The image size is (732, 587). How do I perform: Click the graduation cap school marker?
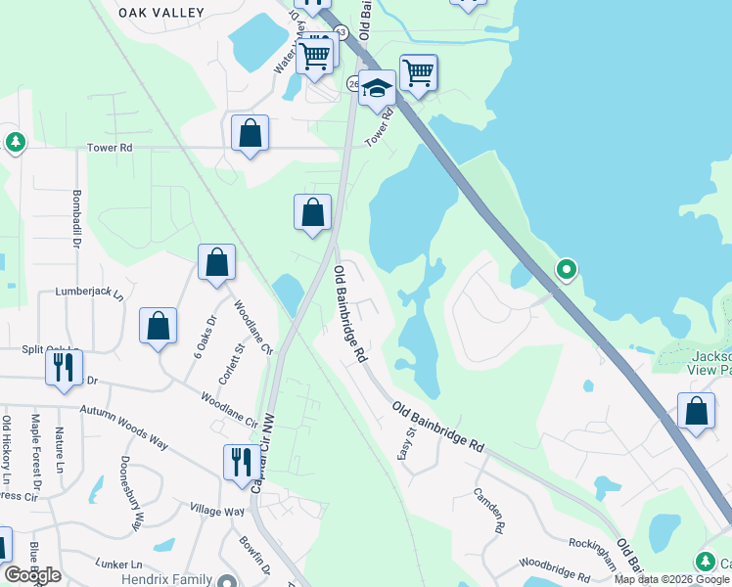(x=376, y=88)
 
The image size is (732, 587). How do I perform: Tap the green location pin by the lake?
(x=566, y=269)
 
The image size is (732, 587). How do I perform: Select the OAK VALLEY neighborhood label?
(x=161, y=13)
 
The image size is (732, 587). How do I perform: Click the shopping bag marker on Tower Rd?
(x=251, y=135)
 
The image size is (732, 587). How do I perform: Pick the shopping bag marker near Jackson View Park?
(x=696, y=413)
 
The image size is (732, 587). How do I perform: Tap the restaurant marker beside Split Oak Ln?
(x=64, y=369)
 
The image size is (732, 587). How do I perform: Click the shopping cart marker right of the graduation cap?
(x=418, y=72)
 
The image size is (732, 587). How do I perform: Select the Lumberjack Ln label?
(x=90, y=293)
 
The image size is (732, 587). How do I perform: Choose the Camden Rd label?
(x=487, y=510)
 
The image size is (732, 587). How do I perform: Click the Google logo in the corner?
(x=32, y=575)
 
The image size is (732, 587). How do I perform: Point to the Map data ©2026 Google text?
(x=671, y=579)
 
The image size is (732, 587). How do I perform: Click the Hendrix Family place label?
(x=166, y=580)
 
